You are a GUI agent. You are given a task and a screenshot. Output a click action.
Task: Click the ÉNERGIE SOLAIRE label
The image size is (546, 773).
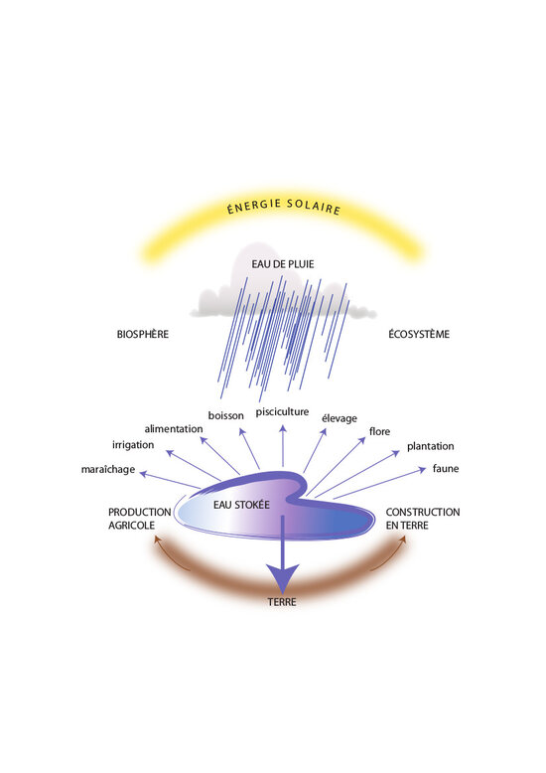tap(284, 207)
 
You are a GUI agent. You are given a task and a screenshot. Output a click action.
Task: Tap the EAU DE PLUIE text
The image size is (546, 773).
tap(282, 264)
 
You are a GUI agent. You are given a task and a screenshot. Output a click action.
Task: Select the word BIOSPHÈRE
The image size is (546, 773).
tap(142, 334)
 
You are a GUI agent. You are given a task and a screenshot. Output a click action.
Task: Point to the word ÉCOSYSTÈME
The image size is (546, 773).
tap(419, 334)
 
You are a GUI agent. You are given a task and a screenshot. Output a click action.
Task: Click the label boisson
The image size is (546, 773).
tap(225, 415)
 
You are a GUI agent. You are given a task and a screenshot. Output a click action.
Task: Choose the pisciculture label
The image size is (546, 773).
tap(282, 411)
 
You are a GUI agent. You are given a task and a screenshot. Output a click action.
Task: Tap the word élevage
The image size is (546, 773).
tap(340, 418)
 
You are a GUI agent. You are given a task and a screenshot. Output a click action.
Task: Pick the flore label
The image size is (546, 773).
tap(379, 431)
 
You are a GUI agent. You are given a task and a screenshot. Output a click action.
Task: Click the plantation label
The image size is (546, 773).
tap(430, 446)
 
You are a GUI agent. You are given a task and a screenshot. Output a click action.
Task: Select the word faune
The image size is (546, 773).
tap(446, 468)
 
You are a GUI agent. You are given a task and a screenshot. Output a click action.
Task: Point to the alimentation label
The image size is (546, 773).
tap(174, 429)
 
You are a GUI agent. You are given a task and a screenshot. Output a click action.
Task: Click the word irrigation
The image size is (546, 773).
tap(133, 445)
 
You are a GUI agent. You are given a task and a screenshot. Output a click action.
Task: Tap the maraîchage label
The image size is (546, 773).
tap(108, 469)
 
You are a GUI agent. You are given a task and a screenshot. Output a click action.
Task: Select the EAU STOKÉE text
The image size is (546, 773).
tap(241, 505)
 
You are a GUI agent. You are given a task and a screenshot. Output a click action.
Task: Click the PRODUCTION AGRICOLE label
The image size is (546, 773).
tap(139, 519)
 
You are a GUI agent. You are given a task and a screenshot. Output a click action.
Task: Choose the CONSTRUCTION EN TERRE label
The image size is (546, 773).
tap(423, 519)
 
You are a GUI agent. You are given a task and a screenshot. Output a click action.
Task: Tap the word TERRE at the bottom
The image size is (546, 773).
tap(282, 602)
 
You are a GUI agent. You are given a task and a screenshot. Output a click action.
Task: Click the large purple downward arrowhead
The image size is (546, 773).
tap(282, 578)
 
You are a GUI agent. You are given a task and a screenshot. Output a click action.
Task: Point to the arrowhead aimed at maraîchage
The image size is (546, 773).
tap(143, 474)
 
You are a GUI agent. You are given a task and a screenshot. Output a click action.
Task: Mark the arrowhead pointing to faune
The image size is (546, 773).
tap(422, 469)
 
